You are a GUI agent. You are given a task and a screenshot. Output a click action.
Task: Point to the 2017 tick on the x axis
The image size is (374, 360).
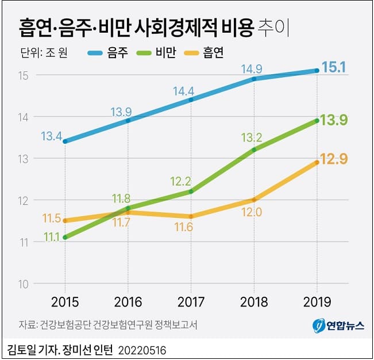(191, 302)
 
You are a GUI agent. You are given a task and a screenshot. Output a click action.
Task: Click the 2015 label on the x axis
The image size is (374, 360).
(64, 302)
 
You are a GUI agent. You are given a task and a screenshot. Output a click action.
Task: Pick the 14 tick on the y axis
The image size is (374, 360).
(23, 117)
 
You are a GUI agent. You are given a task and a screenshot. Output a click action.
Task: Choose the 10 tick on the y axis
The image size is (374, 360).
(23, 284)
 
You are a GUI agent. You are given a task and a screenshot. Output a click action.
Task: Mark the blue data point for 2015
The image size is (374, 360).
(65, 141)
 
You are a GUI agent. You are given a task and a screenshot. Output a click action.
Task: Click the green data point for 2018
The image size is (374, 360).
(255, 150)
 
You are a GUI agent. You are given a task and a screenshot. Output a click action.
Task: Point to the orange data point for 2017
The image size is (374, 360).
(191, 216)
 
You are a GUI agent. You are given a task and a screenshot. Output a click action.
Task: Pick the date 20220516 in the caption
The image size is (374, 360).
(143, 349)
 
